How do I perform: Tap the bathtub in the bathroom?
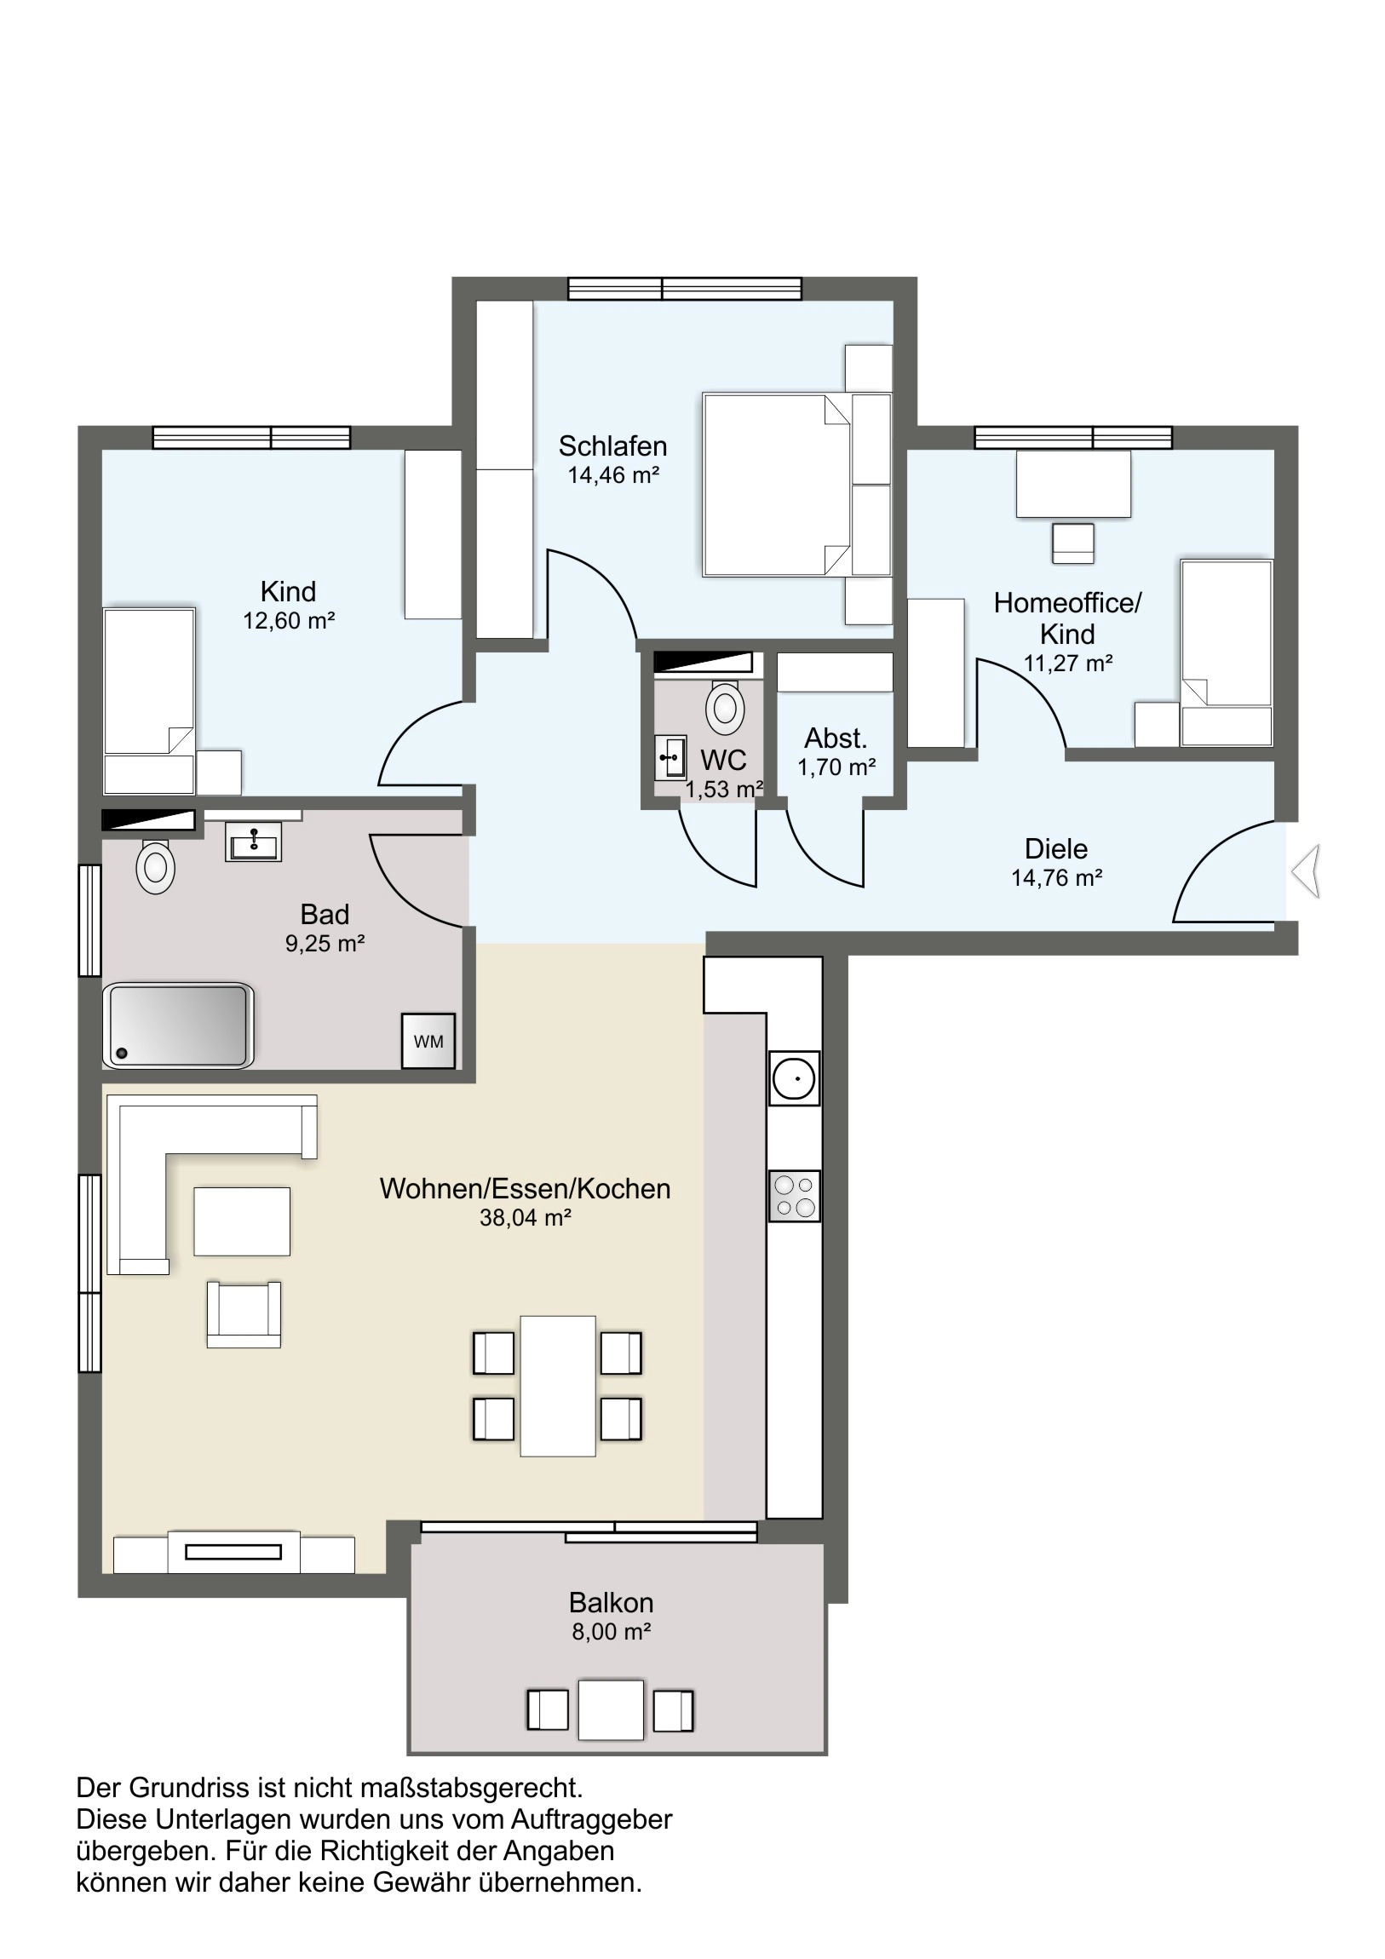(177, 1025)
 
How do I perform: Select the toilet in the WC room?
(726, 706)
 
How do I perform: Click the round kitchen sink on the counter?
(795, 1077)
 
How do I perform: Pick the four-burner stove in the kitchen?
(795, 1195)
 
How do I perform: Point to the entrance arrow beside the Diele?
(1307, 870)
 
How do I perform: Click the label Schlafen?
(612, 445)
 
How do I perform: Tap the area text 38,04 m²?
(525, 1217)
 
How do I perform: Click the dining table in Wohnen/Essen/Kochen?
(558, 1386)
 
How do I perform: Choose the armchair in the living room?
(244, 1314)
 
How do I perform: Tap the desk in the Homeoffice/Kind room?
(1073, 484)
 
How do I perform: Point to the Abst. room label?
(836, 738)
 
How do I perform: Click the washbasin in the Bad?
(254, 842)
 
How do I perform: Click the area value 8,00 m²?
(612, 1631)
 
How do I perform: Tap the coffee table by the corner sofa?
(243, 1221)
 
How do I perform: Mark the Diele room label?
(1056, 849)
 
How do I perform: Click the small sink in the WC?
(670, 758)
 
